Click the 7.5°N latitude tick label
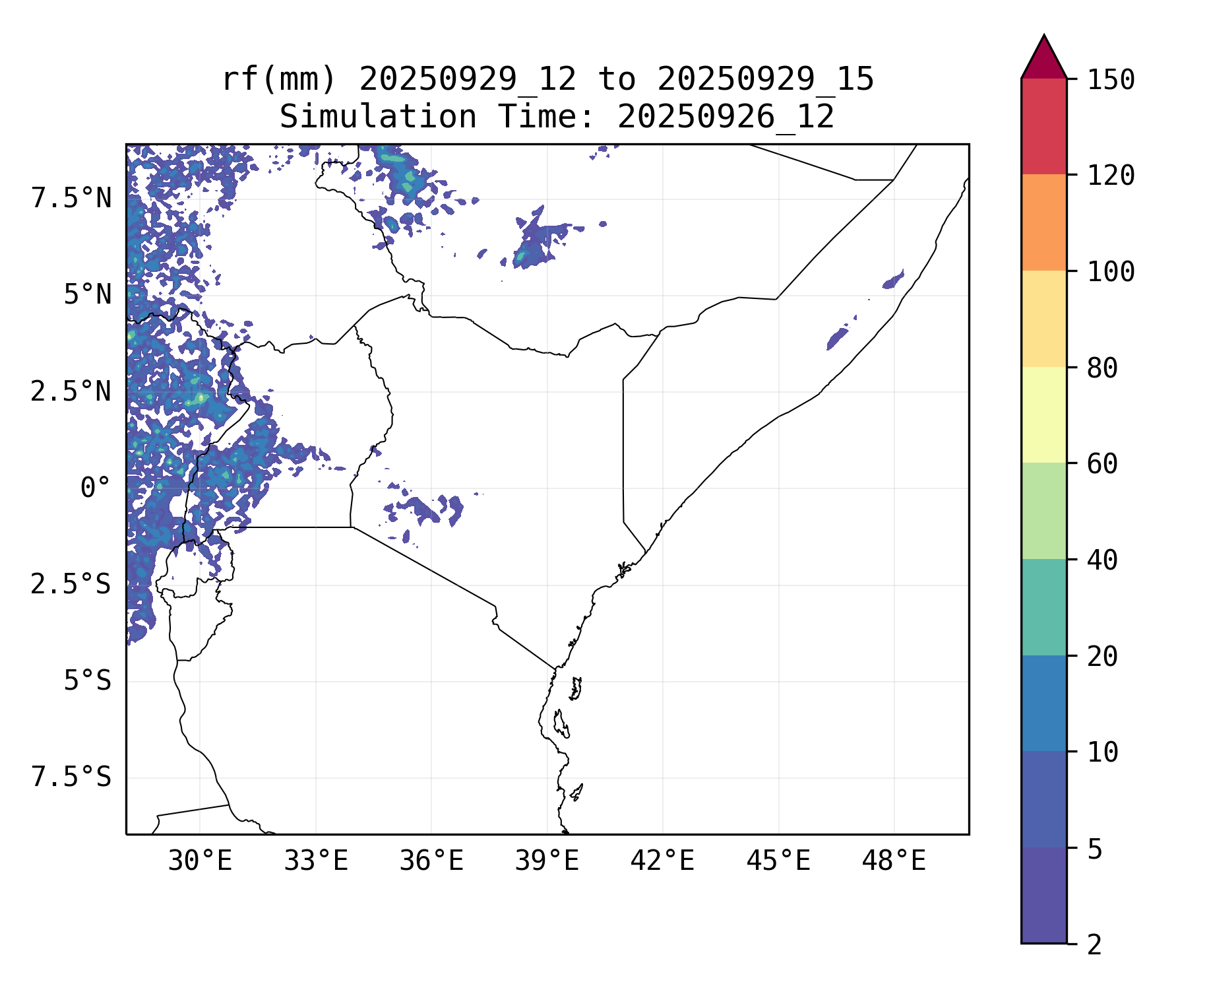[71, 198]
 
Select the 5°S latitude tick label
[87, 680]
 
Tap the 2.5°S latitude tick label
[71, 584]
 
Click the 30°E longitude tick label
[200, 861]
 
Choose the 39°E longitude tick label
[547, 861]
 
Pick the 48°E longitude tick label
[894, 861]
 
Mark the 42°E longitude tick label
[662, 861]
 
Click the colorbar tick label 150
[1111, 81]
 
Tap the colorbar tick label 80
[1102, 368]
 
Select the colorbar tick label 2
[1094, 945]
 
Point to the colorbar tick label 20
[1102, 657]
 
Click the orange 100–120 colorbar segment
[1043, 222]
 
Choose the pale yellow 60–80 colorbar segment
[1043, 414]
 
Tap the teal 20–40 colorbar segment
[1043, 607]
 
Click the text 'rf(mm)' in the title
[279, 80]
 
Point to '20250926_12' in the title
[726, 117]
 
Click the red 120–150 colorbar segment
[1043, 126]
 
